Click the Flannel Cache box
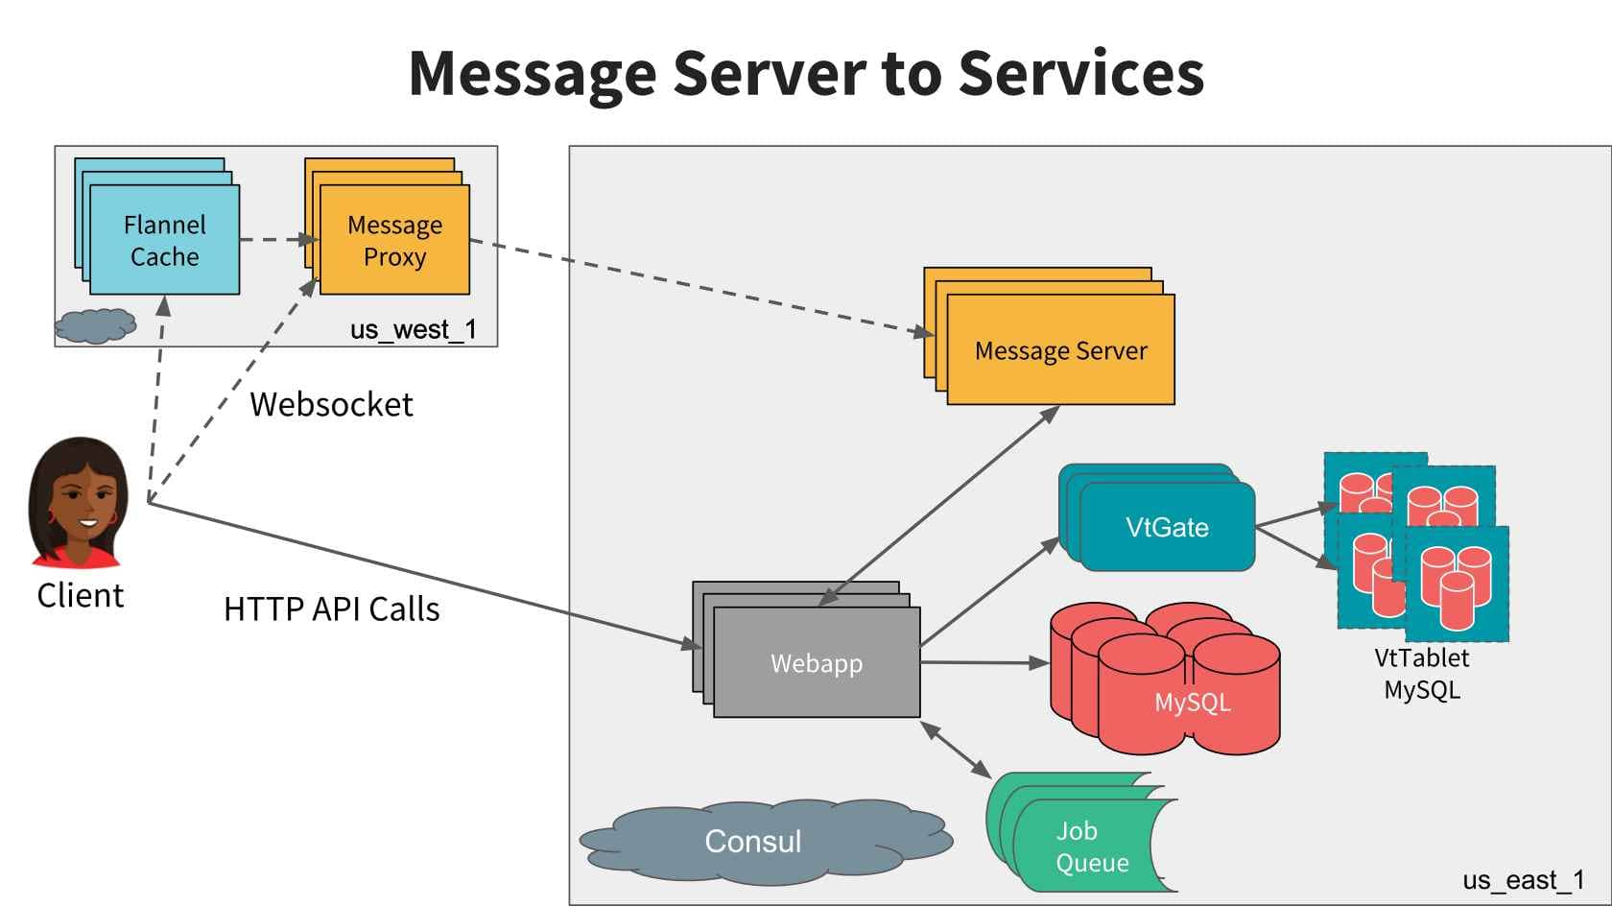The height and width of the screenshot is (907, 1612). pyautogui.click(x=164, y=240)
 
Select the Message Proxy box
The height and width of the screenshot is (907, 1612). pyautogui.click(x=394, y=240)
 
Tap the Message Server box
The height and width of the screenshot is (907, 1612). pyautogui.click(x=1060, y=350)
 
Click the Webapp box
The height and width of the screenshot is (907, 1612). pyautogui.click(x=817, y=663)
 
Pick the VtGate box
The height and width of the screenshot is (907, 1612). pyautogui.click(x=1167, y=527)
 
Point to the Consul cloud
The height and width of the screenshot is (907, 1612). pyautogui.click(x=753, y=841)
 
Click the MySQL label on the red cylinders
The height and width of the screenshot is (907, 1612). pyautogui.click(x=1192, y=703)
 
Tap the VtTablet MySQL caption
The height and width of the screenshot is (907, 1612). pyautogui.click(x=1421, y=674)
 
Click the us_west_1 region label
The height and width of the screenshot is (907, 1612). pyautogui.click(x=413, y=330)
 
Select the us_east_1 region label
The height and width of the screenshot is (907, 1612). pyautogui.click(x=1523, y=880)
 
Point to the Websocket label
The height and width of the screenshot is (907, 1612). pyautogui.click(x=331, y=405)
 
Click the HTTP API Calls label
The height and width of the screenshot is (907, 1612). pyautogui.click(x=331, y=609)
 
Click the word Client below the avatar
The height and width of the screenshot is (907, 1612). pyautogui.click(x=81, y=596)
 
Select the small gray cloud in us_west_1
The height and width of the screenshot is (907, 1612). pyautogui.click(x=95, y=325)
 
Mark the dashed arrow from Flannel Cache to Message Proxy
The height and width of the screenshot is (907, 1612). pyautogui.click(x=277, y=239)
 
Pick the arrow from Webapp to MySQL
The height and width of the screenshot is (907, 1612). pyautogui.click(x=984, y=662)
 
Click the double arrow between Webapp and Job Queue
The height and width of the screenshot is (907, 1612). pyautogui.click(x=956, y=750)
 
